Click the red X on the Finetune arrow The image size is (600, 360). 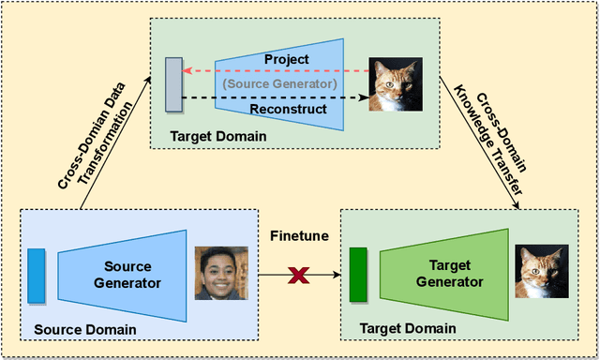(x=300, y=276)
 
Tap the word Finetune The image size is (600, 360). (x=300, y=236)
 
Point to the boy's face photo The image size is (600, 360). (x=221, y=273)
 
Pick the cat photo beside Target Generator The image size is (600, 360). (x=541, y=272)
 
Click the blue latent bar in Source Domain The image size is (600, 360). (x=37, y=275)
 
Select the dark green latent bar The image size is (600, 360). (x=357, y=275)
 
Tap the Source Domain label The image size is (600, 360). (x=84, y=329)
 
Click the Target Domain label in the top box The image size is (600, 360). (x=218, y=137)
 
